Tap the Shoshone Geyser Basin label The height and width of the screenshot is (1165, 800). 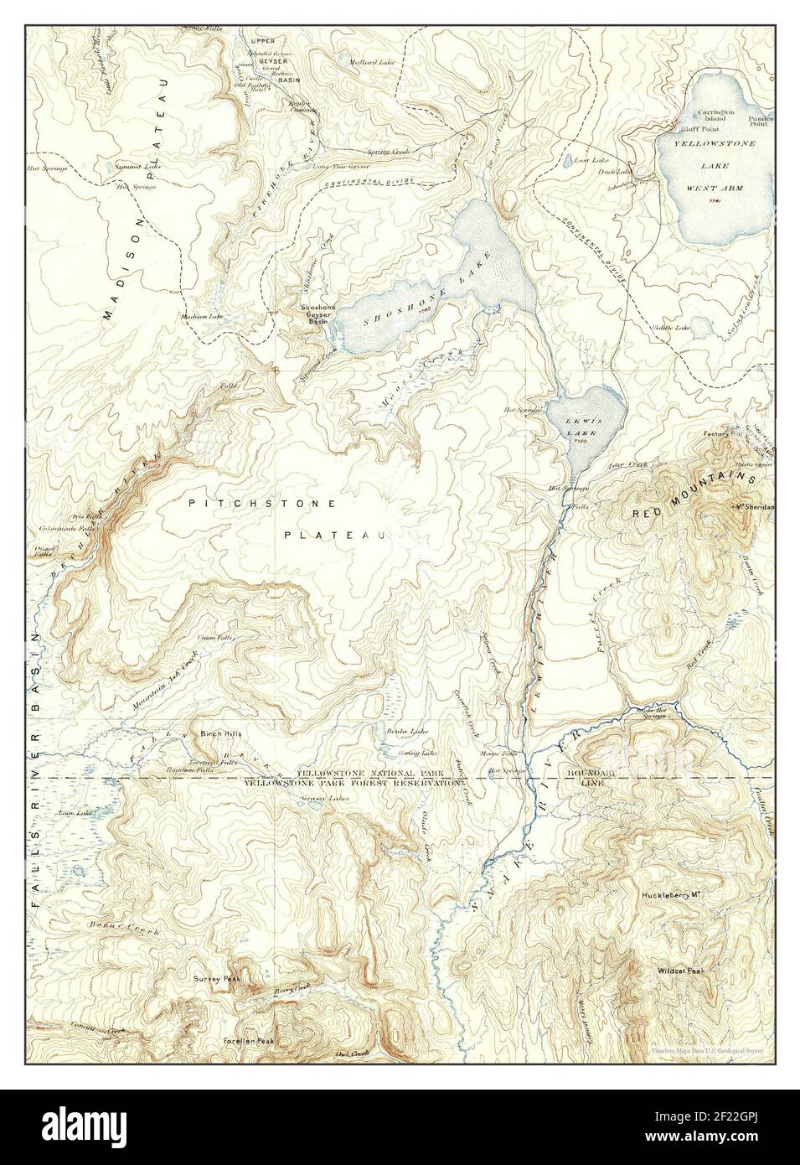click(319, 313)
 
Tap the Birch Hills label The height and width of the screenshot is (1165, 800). click(220, 733)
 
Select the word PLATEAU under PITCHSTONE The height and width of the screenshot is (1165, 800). click(333, 535)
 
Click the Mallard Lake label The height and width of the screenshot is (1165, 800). click(374, 61)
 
